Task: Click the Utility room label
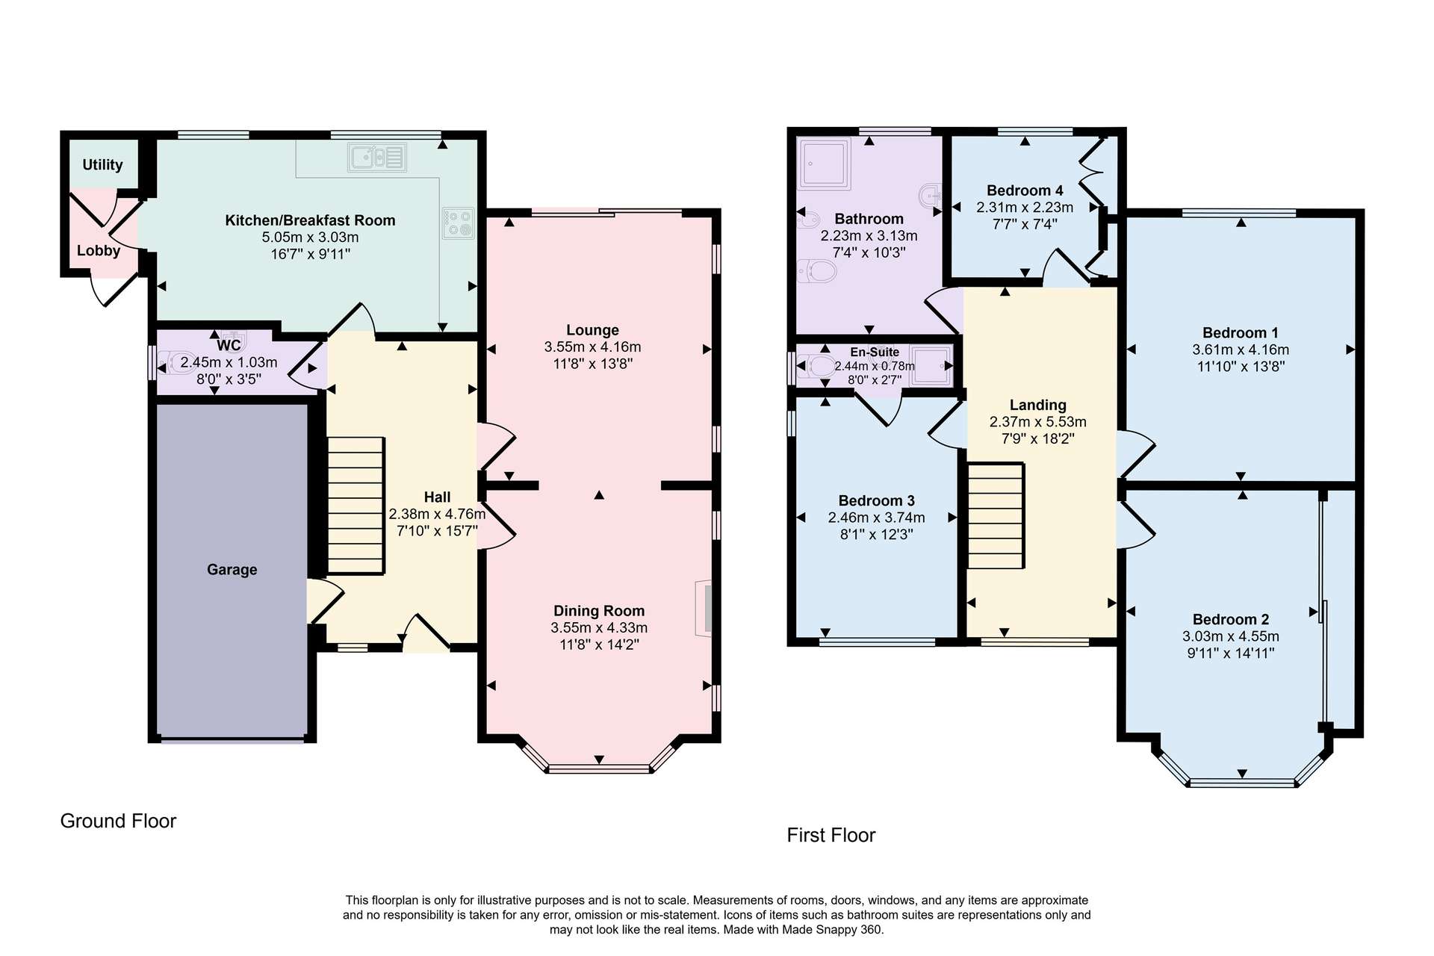point(102,165)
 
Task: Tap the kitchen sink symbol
point(377,158)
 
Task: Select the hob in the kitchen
point(459,223)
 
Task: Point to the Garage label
point(232,569)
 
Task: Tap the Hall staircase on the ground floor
point(356,506)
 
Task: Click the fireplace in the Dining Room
point(704,608)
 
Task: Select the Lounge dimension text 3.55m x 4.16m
point(593,347)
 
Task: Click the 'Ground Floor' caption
point(118,821)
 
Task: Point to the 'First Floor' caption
point(831,835)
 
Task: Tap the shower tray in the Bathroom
point(825,163)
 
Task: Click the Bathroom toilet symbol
point(817,270)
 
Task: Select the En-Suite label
point(875,352)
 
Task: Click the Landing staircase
point(996,516)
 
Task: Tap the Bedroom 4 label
point(1025,190)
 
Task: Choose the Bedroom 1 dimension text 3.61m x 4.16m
point(1241,350)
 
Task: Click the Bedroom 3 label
point(877,500)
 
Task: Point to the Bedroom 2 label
point(1231,619)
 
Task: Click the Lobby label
point(99,251)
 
